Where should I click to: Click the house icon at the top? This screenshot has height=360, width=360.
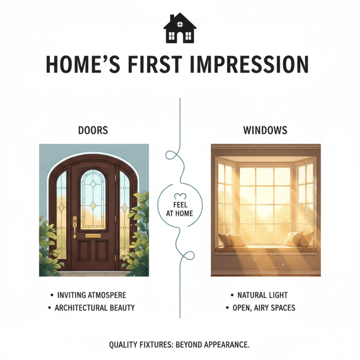[180, 28]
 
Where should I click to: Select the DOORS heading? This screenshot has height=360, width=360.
[93, 131]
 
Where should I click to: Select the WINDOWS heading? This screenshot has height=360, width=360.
[265, 131]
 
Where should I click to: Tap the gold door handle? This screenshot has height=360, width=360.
[75, 225]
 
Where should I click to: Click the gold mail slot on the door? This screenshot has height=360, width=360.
[93, 235]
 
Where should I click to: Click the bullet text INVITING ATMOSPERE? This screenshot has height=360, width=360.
[92, 295]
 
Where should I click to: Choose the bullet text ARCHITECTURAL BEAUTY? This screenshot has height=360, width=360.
[94, 308]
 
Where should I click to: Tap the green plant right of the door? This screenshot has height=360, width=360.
[137, 238]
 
